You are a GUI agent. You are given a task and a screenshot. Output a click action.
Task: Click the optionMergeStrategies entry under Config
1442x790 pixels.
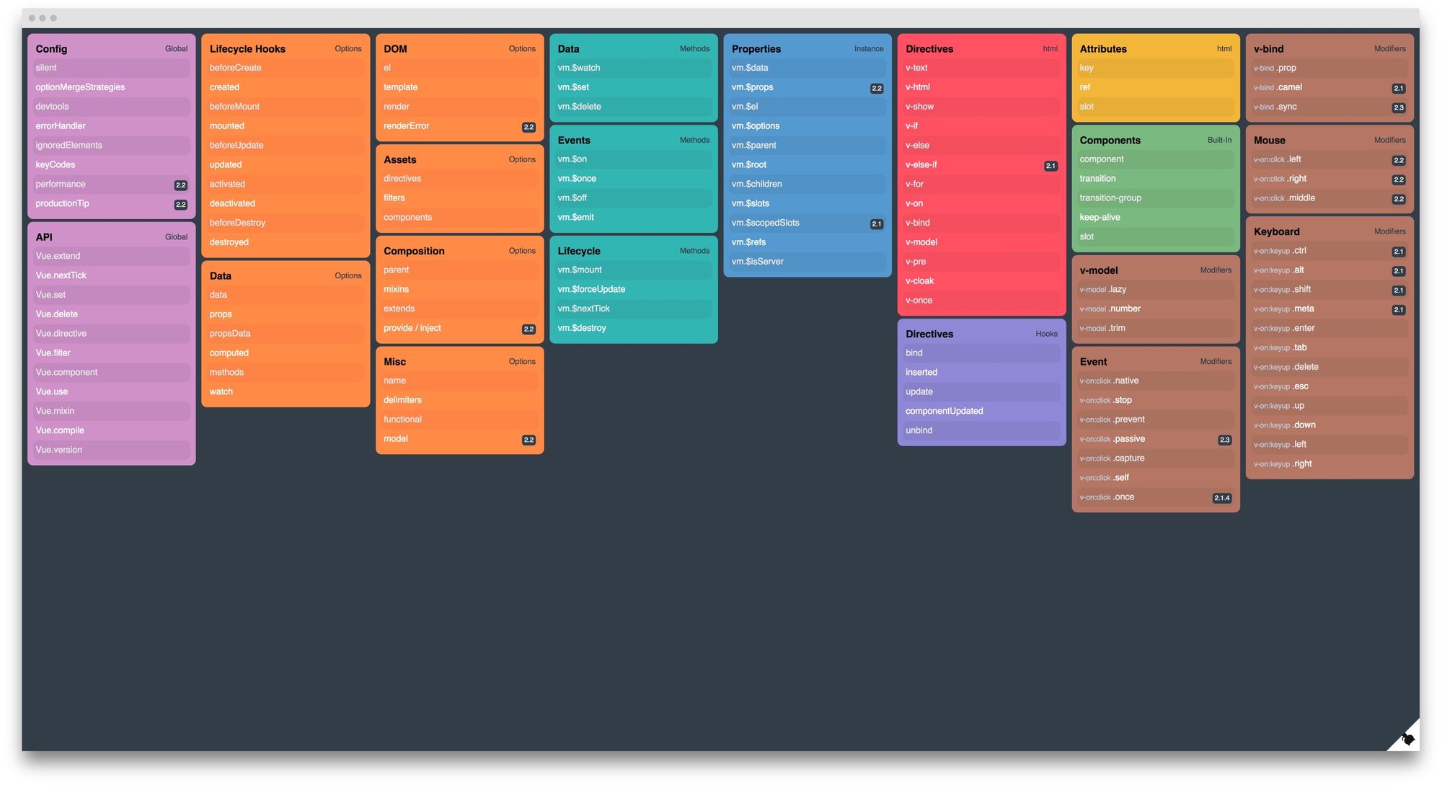point(80,87)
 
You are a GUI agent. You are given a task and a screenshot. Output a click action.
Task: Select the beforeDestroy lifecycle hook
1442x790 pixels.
point(237,223)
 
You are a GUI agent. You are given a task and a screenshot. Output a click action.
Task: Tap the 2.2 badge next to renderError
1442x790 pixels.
point(528,127)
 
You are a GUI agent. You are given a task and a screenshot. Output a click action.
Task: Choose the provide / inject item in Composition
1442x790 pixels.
point(412,328)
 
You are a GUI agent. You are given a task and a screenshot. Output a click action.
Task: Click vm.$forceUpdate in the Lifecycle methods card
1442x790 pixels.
point(591,289)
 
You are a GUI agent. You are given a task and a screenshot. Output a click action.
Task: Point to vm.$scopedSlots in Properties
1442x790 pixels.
point(765,223)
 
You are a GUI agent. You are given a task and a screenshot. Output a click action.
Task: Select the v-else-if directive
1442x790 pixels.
point(921,164)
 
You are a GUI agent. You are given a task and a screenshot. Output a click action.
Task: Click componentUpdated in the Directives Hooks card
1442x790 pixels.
point(944,411)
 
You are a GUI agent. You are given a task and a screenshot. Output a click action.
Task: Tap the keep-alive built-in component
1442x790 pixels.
point(1100,217)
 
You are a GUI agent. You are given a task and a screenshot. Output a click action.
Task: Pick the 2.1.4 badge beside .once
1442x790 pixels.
point(1221,498)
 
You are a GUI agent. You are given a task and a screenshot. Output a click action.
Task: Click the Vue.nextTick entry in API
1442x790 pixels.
point(61,275)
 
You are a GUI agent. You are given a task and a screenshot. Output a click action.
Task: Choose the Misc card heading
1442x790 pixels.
point(394,362)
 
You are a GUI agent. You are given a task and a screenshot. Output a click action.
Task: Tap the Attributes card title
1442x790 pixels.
point(1102,49)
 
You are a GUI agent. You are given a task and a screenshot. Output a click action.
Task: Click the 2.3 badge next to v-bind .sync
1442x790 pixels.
point(1398,107)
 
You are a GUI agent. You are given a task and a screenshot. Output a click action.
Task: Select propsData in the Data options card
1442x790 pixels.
point(230,334)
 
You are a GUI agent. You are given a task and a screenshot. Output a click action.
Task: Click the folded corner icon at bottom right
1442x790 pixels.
point(1407,738)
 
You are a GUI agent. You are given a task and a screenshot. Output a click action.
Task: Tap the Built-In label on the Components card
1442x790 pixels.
point(1218,140)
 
